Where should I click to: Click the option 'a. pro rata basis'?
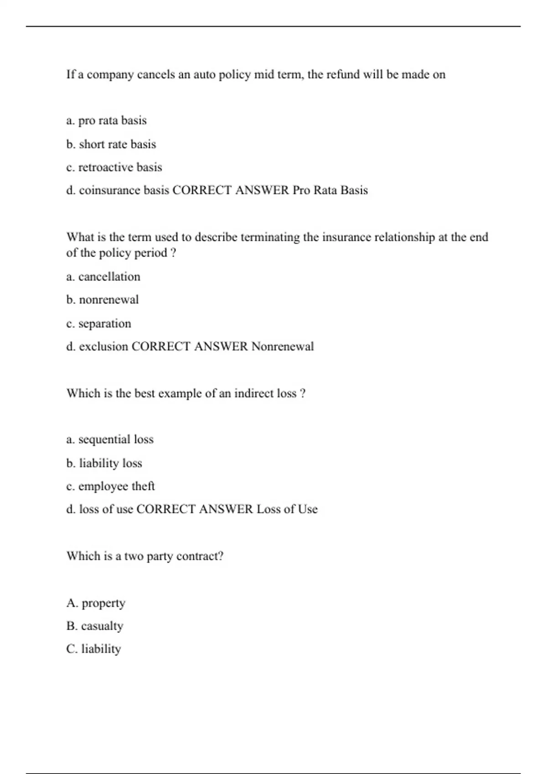pos(106,121)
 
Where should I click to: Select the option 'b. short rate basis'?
pos(111,144)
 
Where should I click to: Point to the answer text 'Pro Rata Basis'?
pos(330,190)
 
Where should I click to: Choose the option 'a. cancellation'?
pos(103,277)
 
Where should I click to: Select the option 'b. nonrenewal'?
pos(102,300)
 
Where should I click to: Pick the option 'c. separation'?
pos(98,324)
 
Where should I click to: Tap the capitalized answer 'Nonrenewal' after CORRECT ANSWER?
pos(283,346)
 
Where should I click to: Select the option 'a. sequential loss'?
pos(110,439)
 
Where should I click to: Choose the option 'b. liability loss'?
pos(104,463)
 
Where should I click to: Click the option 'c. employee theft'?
pos(110,486)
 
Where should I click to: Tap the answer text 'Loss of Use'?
pos(287,509)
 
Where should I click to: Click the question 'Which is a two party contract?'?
pos(145,556)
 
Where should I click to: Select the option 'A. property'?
pos(96,603)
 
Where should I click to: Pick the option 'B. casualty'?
pos(95,626)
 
